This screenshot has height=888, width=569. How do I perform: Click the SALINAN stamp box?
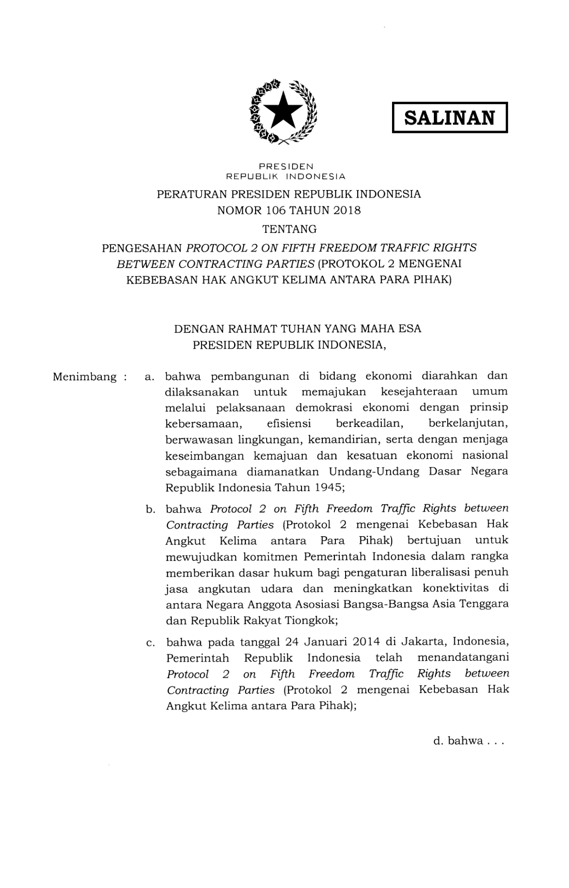[x=449, y=118]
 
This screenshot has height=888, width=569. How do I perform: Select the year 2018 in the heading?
[x=347, y=210]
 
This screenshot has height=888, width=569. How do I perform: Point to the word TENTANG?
[x=289, y=229]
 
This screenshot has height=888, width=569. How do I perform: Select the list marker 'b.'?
[x=150, y=509]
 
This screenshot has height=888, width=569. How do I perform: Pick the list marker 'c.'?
[x=150, y=643]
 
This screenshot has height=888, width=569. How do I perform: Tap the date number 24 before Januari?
[x=291, y=642]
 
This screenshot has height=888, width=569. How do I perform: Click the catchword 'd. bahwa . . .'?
[x=468, y=741]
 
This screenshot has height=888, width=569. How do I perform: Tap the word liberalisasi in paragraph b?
[x=439, y=572]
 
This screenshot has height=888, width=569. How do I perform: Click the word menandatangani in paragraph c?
[x=463, y=658]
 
